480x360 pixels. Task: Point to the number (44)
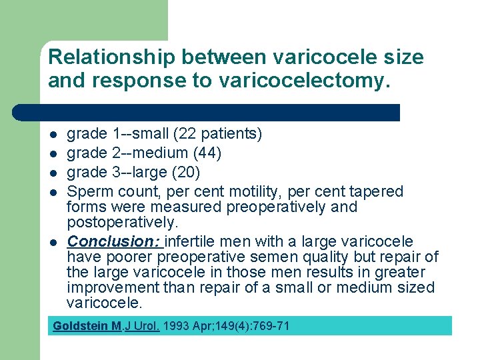pos(206,153)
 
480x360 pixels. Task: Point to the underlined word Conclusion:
pos(115,241)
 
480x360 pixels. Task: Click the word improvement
pos(114,288)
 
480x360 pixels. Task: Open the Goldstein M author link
pos(87,326)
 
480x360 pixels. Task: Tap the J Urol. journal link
pos(142,326)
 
